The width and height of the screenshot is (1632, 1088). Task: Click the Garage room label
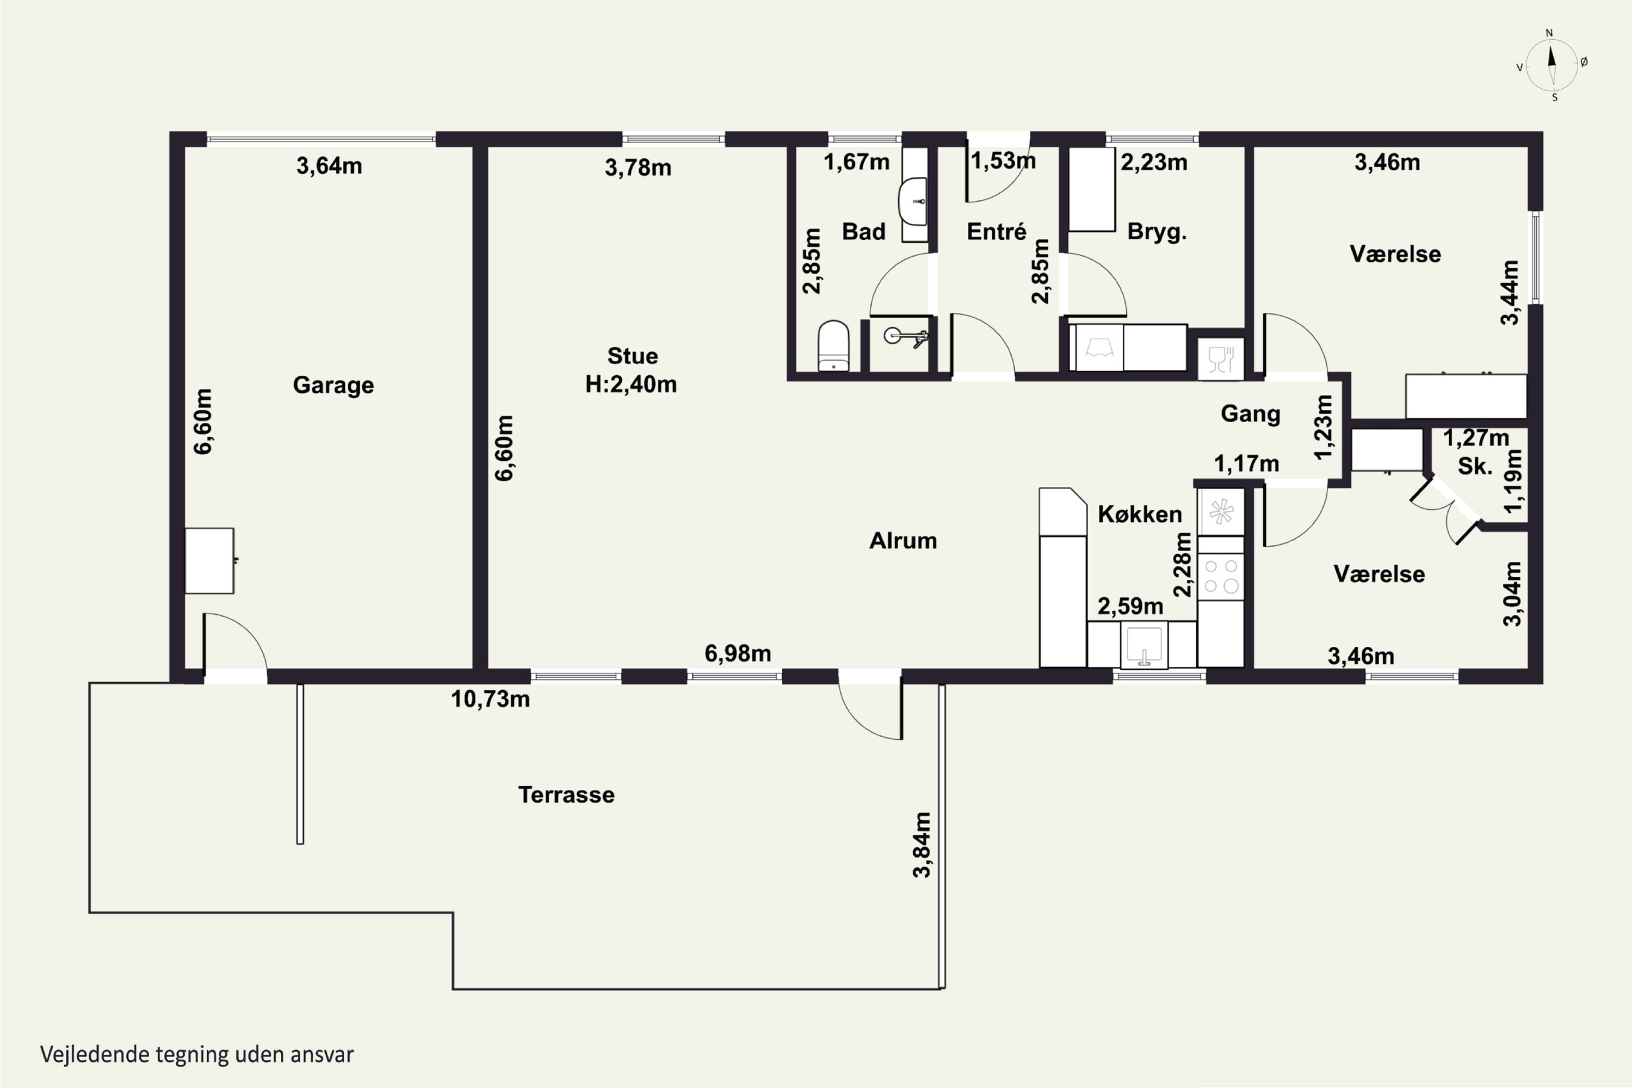click(x=333, y=385)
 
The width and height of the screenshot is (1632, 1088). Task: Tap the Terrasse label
click(x=566, y=794)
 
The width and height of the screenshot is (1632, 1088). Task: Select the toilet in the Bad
click(x=833, y=345)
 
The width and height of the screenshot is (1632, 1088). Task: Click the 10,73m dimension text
click(x=491, y=698)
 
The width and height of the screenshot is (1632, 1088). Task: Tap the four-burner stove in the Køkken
click(x=1221, y=576)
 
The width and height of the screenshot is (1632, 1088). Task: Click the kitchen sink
click(x=1144, y=645)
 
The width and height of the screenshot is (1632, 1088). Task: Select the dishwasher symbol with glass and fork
click(x=1221, y=360)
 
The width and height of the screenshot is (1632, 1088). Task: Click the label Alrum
click(x=902, y=541)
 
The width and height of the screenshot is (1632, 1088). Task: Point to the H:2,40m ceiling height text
click(x=630, y=384)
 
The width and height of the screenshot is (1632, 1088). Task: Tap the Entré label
click(x=997, y=231)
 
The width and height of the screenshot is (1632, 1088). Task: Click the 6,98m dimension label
click(x=738, y=653)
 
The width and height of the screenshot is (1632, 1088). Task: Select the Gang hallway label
click(x=1250, y=413)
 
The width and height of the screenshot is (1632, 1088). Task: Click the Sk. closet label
click(x=1474, y=466)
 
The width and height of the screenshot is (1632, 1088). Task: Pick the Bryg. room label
click(x=1157, y=232)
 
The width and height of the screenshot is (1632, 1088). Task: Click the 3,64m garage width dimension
click(x=329, y=166)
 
